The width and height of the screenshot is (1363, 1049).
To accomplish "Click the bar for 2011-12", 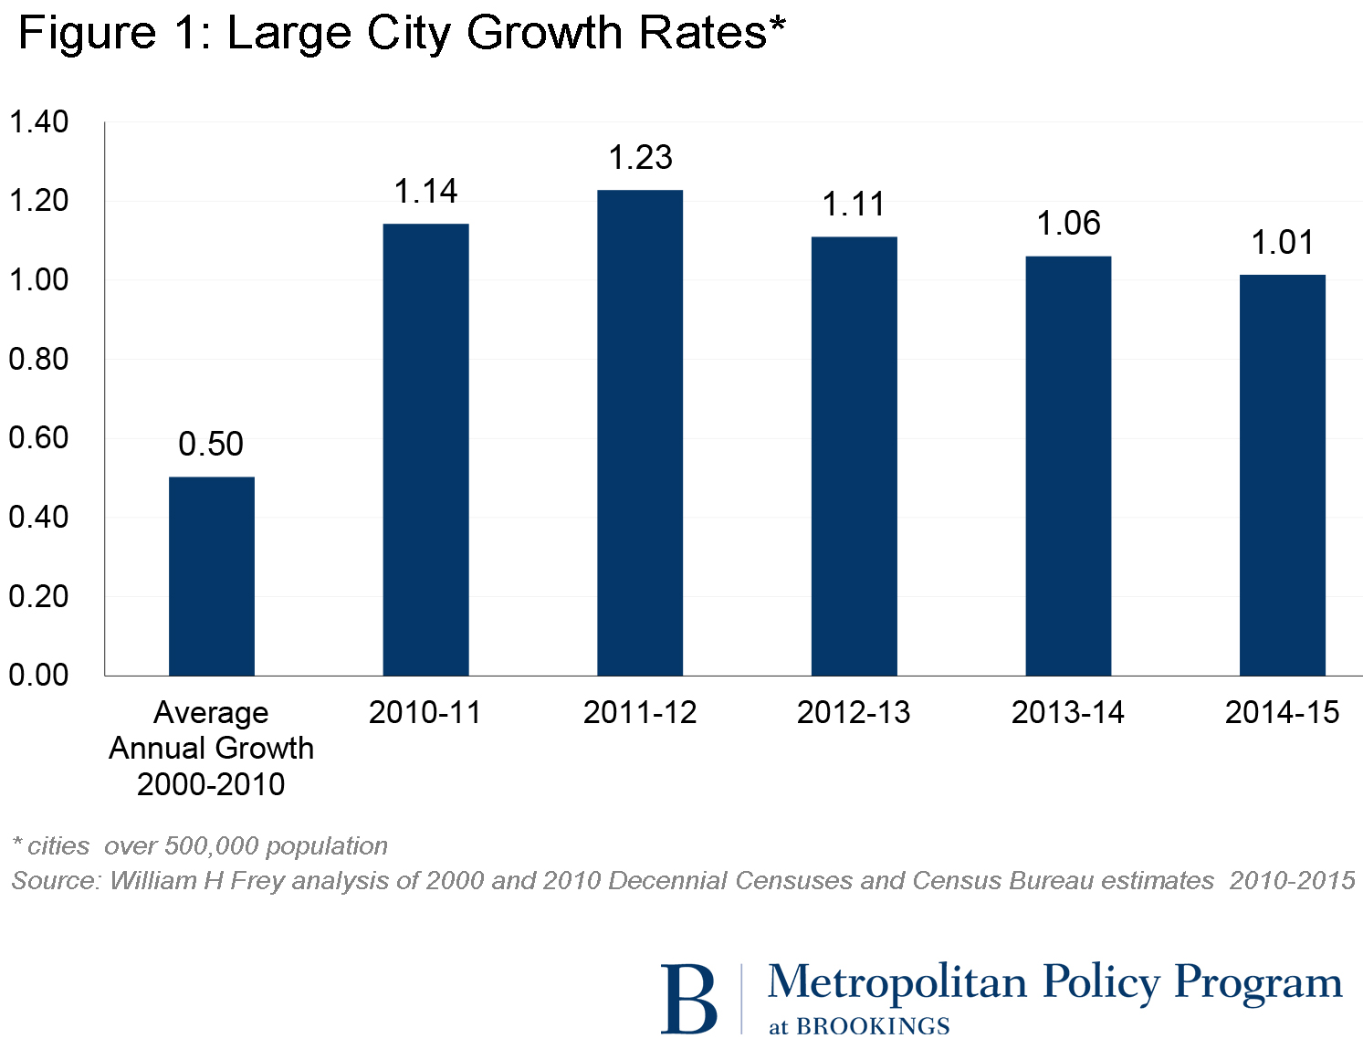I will (639, 433).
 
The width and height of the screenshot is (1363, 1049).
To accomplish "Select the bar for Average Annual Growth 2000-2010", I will (212, 576).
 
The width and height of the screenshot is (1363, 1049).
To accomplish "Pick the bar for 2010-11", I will (425, 449).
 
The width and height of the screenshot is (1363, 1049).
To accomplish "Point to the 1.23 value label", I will (640, 158).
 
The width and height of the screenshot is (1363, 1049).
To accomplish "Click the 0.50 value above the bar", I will (211, 445).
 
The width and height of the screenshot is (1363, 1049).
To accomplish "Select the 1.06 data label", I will (1068, 224).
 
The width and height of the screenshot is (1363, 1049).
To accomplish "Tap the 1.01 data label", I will (1282, 243).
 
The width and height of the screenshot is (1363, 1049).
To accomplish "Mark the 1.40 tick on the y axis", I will (38, 122).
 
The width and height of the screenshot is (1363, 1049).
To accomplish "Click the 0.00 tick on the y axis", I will (38, 676).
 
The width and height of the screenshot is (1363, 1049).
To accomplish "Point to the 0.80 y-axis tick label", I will (38, 360).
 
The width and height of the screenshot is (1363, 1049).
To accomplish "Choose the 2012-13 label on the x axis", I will (854, 713).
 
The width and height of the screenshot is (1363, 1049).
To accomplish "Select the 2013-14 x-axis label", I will (1067, 713).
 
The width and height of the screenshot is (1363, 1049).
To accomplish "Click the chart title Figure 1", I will (402, 34).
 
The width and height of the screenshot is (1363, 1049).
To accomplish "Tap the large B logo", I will (688, 999).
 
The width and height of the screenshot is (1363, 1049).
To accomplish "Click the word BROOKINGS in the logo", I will (873, 1027).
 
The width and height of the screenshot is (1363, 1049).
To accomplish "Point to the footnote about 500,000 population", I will (200, 846).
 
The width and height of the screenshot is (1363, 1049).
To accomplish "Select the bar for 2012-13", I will (854, 456).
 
